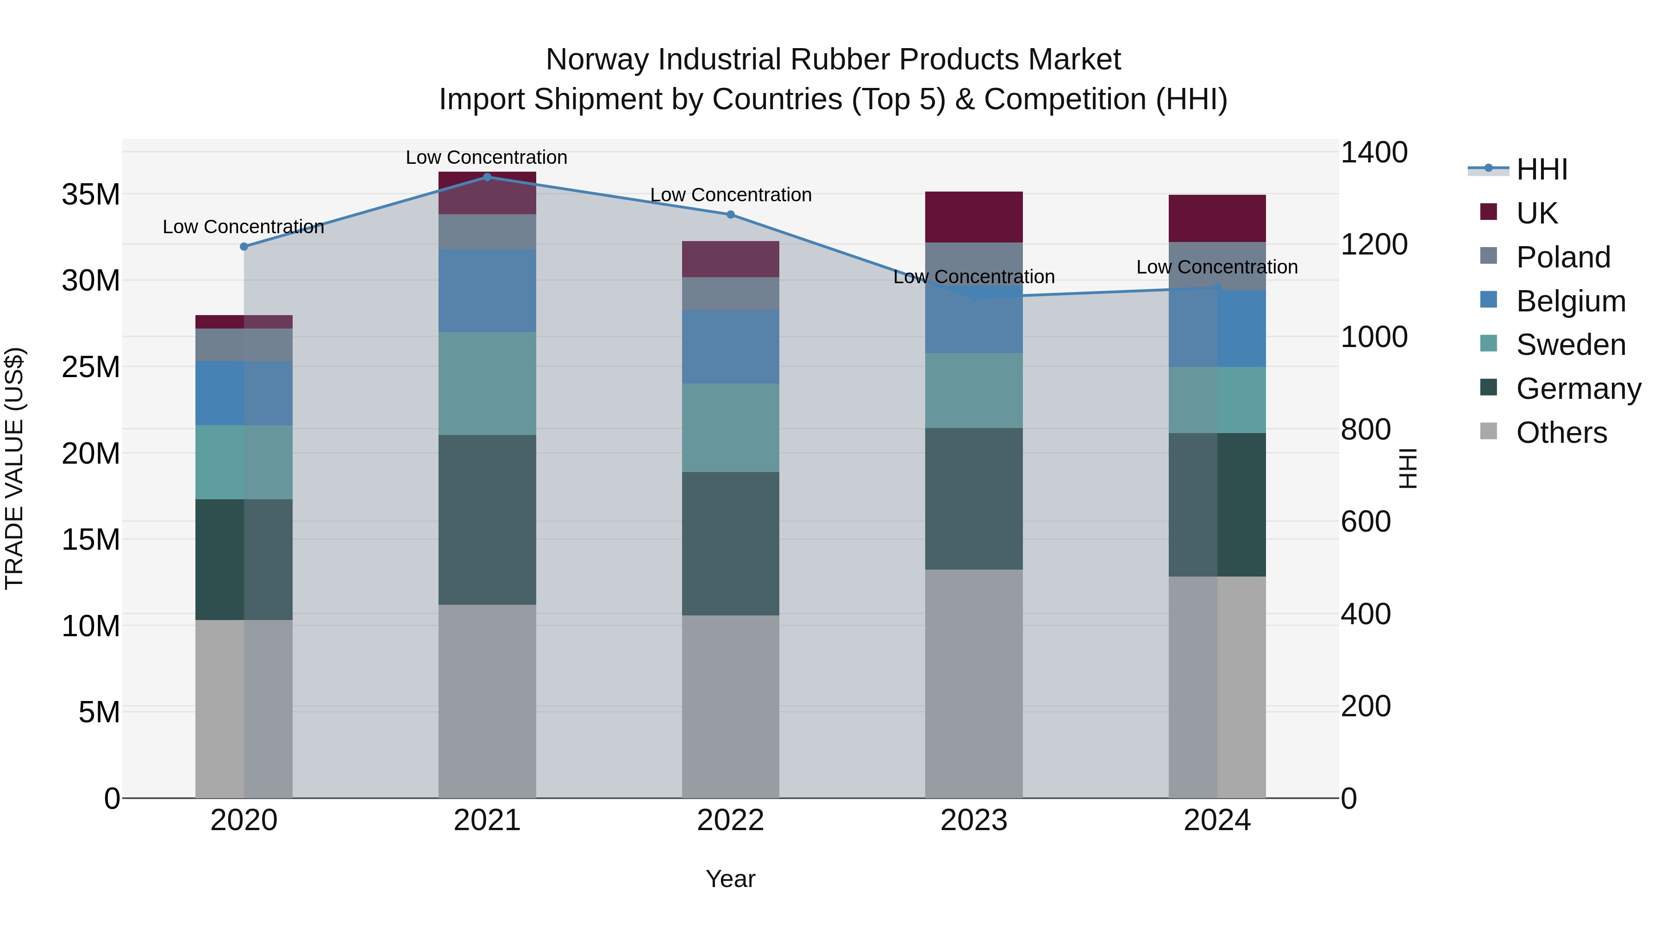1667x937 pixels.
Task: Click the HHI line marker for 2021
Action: pyautogui.click(x=487, y=177)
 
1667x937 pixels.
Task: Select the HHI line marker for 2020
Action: pyautogui.click(x=244, y=246)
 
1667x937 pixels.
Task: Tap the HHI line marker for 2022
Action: pyautogui.click(x=731, y=215)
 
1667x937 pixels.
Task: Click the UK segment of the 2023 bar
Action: pyautogui.click(x=974, y=217)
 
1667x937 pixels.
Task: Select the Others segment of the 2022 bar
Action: pyautogui.click(x=731, y=706)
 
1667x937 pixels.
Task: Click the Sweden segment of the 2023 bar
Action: pyautogui.click(x=974, y=390)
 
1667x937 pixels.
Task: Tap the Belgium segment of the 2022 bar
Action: pyautogui.click(x=731, y=347)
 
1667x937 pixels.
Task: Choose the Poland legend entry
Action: pyautogui.click(x=1562, y=257)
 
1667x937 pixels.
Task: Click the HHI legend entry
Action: pyautogui.click(x=1542, y=169)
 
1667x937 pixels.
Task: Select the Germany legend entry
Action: pyautogui.click(x=1578, y=389)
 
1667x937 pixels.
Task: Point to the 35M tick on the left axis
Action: pyautogui.click(x=91, y=194)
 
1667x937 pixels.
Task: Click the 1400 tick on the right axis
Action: pyautogui.click(x=1374, y=153)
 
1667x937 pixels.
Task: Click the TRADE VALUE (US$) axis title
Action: pyautogui.click(x=14, y=468)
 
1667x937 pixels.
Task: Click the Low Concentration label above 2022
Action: pyautogui.click(x=731, y=195)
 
